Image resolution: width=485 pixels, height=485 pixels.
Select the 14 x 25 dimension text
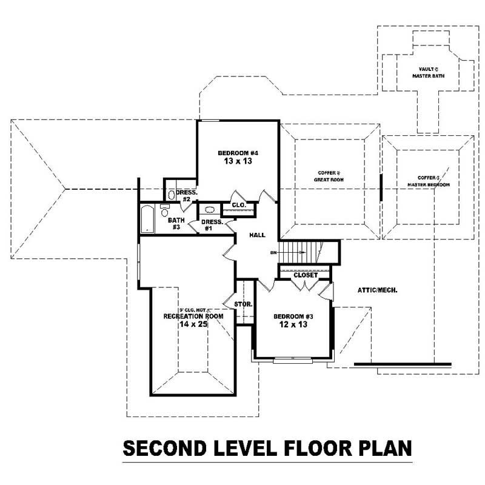click(193, 325)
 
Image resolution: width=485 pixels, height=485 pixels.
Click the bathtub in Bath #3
click(146, 219)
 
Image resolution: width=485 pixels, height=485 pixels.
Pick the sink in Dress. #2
click(172, 195)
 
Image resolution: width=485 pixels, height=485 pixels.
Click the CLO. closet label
click(238, 206)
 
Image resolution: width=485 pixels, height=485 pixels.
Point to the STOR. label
click(243, 304)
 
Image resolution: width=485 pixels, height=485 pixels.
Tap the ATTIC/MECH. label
click(377, 290)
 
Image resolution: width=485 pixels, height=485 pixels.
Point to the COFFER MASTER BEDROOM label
click(428, 181)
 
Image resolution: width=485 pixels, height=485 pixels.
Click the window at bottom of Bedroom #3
click(292, 361)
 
